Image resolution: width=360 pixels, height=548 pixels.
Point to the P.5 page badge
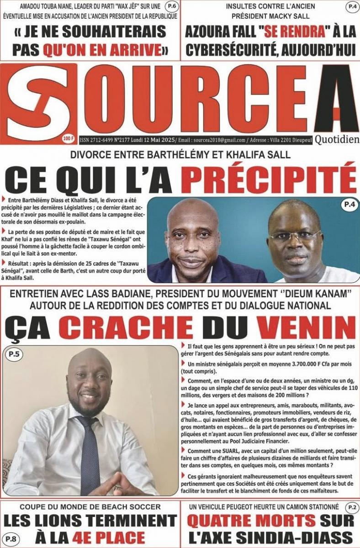14,353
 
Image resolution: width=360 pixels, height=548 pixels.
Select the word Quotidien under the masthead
337,139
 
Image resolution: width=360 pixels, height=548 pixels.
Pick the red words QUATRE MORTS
252,521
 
